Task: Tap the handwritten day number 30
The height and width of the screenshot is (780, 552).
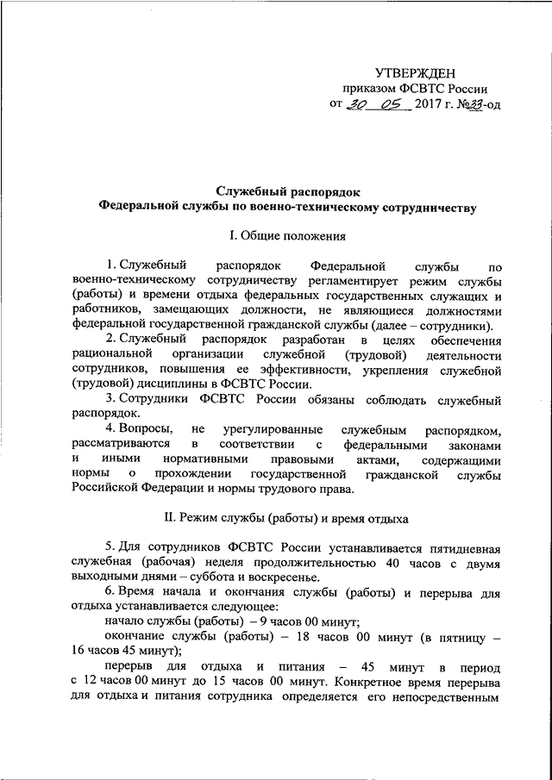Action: (356, 105)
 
